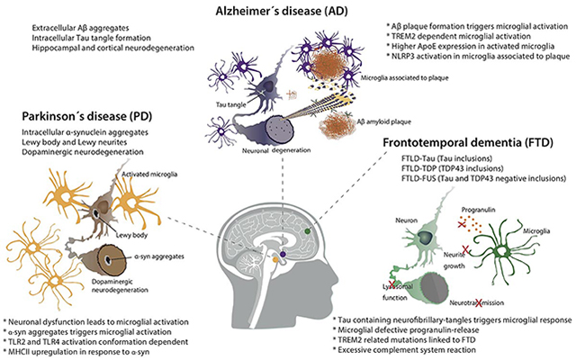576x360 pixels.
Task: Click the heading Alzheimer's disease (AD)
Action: (282, 11)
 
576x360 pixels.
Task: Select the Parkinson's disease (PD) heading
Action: (87, 116)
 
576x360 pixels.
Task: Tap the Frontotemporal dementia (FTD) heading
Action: (468, 142)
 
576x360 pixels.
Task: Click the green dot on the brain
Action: (308, 231)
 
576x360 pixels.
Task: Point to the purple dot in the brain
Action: (283, 254)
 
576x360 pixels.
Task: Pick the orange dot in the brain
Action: (275, 260)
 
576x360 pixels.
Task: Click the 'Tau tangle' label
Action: (230, 104)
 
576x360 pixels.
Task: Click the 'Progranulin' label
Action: (478, 210)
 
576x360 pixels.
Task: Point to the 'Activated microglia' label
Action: (149, 174)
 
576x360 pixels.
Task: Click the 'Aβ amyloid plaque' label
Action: (384, 121)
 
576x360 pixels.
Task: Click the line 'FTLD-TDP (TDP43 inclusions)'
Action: (453, 168)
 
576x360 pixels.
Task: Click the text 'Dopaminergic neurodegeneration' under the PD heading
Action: (82, 152)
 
